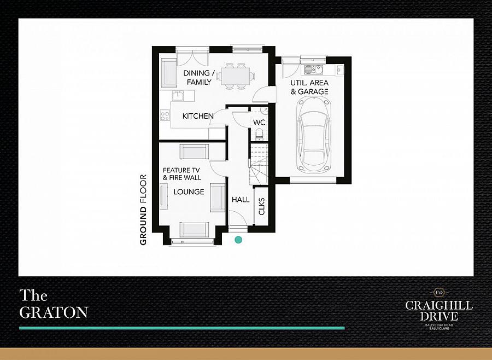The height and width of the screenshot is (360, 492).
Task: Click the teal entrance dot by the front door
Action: pyautogui.click(x=238, y=240)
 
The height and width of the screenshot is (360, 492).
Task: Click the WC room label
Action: pyautogui.click(x=259, y=122)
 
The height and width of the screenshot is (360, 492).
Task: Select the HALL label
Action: pyautogui.click(x=241, y=200)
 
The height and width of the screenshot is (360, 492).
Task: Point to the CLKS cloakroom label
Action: pyautogui.click(x=262, y=206)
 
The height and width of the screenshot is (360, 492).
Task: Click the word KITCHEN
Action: pyautogui.click(x=198, y=116)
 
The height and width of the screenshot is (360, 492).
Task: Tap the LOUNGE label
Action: pyautogui.click(x=189, y=191)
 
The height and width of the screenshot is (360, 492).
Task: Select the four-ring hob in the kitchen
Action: pyautogui.click(x=165, y=115)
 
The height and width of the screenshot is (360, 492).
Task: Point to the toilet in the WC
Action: pyautogui.click(x=260, y=135)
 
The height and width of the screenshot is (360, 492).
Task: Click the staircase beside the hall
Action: pyautogui.click(x=259, y=164)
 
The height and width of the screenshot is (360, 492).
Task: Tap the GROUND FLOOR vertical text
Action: pyautogui.click(x=143, y=210)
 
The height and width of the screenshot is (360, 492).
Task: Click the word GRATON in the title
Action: pyautogui.click(x=54, y=312)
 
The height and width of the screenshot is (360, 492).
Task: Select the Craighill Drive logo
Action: pyautogui.click(x=438, y=309)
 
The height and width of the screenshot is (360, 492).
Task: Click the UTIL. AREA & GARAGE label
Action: pyautogui.click(x=309, y=88)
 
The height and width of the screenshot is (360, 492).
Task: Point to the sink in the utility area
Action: pyautogui.click(x=313, y=69)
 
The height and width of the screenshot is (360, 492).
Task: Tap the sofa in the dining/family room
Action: pyautogui.click(x=169, y=73)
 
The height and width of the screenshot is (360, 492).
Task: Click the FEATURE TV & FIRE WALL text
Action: pyautogui.click(x=181, y=174)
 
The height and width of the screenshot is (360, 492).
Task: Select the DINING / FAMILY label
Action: pyautogui.click(x=199, y=78)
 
